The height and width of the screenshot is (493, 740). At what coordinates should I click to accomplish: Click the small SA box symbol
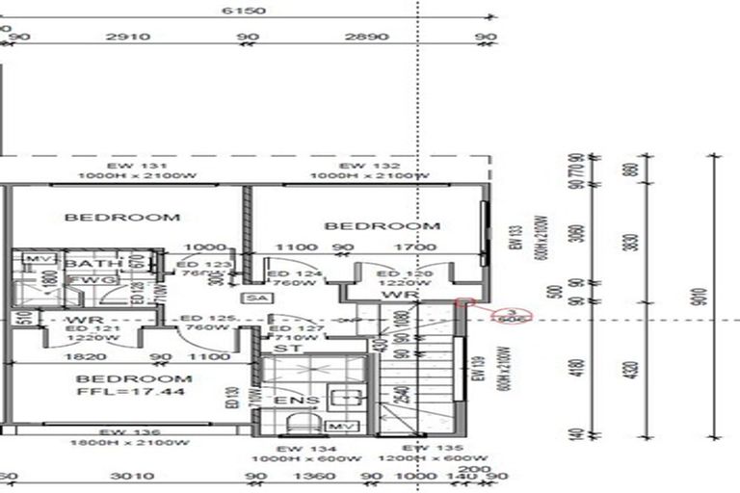pyautogui.click(x=255, y=299)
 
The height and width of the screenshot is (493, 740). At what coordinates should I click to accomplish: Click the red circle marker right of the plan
pyautogui.click(x=507, y=315)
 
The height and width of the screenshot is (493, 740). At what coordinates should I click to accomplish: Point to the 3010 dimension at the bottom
pyautogui.click(x=126, y=477)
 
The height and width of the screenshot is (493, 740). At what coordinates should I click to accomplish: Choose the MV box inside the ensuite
pyautogui.click(x=338, y=425)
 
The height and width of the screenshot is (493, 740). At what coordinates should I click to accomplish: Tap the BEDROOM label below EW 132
pyautogui.click(x=382, y=226)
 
